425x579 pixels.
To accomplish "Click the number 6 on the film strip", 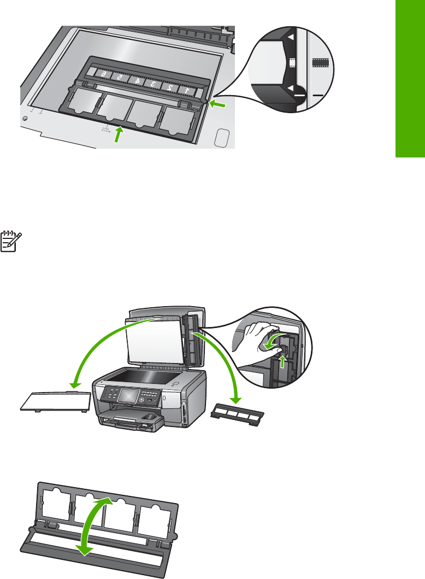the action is pos(103,73).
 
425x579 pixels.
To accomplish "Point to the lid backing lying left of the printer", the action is pos(51,400).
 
